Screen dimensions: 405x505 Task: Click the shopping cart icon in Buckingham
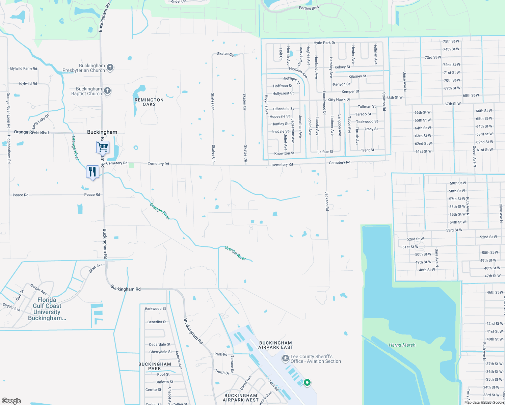(x=103, y=147)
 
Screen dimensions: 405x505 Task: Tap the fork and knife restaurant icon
(x=92, y=172)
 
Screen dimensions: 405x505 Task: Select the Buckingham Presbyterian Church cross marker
(x=110, y=67)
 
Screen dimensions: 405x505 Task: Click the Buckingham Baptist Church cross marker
(x=107, y=90)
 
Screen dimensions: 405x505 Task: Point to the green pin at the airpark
(x=307, y=382)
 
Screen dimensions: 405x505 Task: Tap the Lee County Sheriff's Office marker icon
(x=285, y=358)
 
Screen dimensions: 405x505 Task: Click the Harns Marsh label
(x=402, y=345)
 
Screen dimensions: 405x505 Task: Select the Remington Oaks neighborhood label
(x=149, y=102)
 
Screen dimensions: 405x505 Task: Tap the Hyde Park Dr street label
(x=324, y=43)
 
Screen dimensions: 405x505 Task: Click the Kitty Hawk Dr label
(x=339, y=100)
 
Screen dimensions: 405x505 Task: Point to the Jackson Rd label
(x=327, y=201)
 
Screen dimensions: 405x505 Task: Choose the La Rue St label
(x=325, y=152)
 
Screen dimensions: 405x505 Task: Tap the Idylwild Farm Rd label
(x=23, y=69)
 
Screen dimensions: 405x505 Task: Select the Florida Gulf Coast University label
(x=47, y=309)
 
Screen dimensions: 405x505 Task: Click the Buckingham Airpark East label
(x=276, y=345)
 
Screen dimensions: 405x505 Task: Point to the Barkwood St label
(x=155, y=308)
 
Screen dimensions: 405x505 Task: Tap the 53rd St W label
(x=454, y=230)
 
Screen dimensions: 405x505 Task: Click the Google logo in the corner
(x=11, y=401)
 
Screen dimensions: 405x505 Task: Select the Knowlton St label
(x=284, y=153)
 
